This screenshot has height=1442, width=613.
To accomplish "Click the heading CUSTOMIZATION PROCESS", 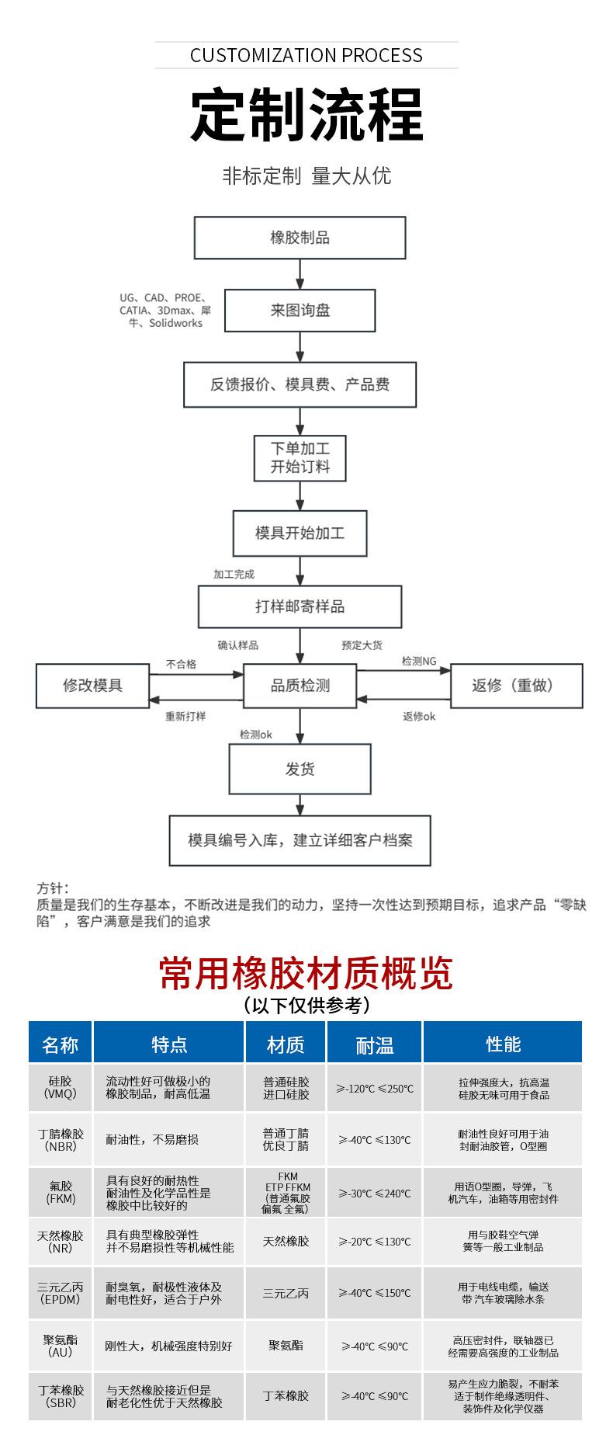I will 306,55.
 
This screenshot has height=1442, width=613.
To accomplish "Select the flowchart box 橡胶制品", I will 300,238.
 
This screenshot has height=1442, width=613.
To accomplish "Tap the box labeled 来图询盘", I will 300,311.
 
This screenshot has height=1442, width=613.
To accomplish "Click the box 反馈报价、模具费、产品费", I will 300,384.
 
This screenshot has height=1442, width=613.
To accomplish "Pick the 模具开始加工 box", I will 300,533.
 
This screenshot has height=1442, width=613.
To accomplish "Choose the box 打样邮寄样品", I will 300,606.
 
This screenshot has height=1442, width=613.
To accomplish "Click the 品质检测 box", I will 300,686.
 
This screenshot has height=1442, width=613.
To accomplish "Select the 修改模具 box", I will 92,686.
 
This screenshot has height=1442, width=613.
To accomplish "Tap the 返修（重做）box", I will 516,686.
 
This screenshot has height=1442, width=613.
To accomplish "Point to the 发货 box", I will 300,770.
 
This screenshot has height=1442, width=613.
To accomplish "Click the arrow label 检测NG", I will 419,662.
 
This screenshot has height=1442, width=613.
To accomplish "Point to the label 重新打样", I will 185,716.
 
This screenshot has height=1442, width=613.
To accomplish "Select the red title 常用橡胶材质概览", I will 306,973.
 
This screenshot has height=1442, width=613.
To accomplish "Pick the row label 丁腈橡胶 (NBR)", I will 61,1140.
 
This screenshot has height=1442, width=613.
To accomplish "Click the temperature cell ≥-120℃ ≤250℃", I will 375,1089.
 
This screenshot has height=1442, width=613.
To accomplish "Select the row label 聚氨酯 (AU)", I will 61,1346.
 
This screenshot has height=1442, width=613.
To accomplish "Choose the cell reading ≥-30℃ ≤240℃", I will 375,1194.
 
